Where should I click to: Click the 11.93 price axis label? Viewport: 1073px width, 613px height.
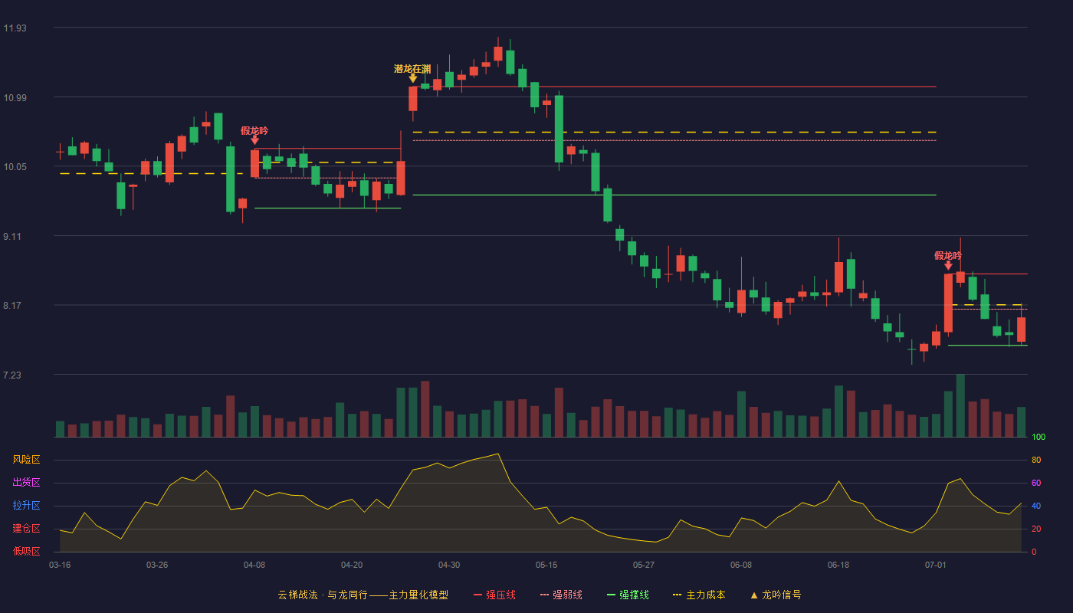click(x=15, y=28)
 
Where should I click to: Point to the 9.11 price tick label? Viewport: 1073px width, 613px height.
click(x=12, y=237)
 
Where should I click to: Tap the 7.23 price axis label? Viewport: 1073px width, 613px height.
click(x=12, y=375)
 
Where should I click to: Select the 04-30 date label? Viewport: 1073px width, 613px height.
click(x=449, y=565)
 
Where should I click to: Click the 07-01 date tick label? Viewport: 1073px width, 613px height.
click(x=936, y=565)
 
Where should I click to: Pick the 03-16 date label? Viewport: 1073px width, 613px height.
click(x=60, y=565)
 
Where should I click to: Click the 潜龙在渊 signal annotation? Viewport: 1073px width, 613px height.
click(x=412, y=69)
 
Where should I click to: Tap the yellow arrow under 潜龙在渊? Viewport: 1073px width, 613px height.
click(x=412, y=78)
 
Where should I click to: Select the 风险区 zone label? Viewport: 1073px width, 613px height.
click(x=26, y=460)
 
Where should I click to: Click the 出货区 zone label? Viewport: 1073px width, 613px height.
click(x=26, y=482)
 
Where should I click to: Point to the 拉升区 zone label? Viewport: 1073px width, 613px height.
click(x=26, y=505)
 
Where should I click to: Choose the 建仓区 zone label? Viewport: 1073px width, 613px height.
click(x=26, y=528)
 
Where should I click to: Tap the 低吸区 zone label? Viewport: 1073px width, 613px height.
click(x=26, y=551)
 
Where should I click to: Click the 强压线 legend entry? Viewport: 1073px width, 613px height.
click(x=494, y=595)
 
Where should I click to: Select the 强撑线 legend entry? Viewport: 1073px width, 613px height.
click(x=628, y=595)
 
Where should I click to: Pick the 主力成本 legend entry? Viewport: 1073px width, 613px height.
click(x=699, y=595)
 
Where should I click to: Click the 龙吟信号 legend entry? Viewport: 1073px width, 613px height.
click(x=776, y=595)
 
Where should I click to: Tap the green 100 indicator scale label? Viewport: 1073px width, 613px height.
click(x=1039, y=437)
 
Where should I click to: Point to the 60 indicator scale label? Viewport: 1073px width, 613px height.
click(x=1036, y=483)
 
